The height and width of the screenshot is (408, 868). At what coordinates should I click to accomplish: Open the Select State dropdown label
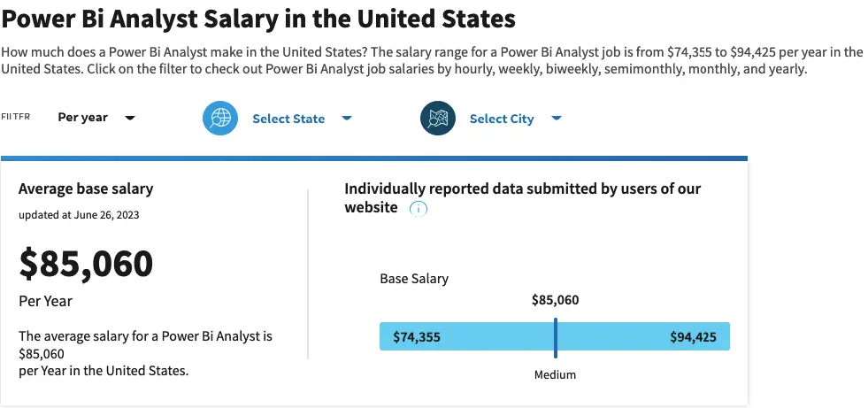[x=288, y=119]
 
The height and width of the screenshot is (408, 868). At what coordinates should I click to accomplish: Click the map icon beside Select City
[x=438, y=119]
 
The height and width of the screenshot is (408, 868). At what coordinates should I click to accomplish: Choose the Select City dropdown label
[x=502, y=119]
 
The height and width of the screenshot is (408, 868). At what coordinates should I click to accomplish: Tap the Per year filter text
[x=82, y=118]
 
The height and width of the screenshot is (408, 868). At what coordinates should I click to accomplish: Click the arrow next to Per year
[x=130, y=118]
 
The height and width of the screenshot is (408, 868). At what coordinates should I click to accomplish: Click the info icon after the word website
[x=419, y=209]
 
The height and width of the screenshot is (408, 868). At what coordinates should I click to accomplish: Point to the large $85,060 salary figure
[x=86, y=263]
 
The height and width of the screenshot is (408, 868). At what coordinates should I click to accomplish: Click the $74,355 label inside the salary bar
[x=416, y=336]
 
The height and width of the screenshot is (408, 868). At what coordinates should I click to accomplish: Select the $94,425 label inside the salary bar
[x=694, y=336]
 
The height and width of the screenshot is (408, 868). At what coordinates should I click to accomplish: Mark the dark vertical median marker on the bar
[x=556, y=336]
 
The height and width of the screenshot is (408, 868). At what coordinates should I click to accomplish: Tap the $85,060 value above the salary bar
[x=555, y=300]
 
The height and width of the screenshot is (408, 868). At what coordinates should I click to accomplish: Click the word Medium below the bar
[x=555, y=374]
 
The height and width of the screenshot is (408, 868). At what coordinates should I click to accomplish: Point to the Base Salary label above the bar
[x=414, y=278]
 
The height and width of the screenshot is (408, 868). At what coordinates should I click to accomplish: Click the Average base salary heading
[x=86, y=189]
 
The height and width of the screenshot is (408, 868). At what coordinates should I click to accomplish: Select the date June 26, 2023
[x=108, y=214]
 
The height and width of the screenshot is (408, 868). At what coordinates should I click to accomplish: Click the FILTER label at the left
[x=16, y=117]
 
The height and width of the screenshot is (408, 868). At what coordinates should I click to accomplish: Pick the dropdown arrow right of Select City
[x=557, y=119]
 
